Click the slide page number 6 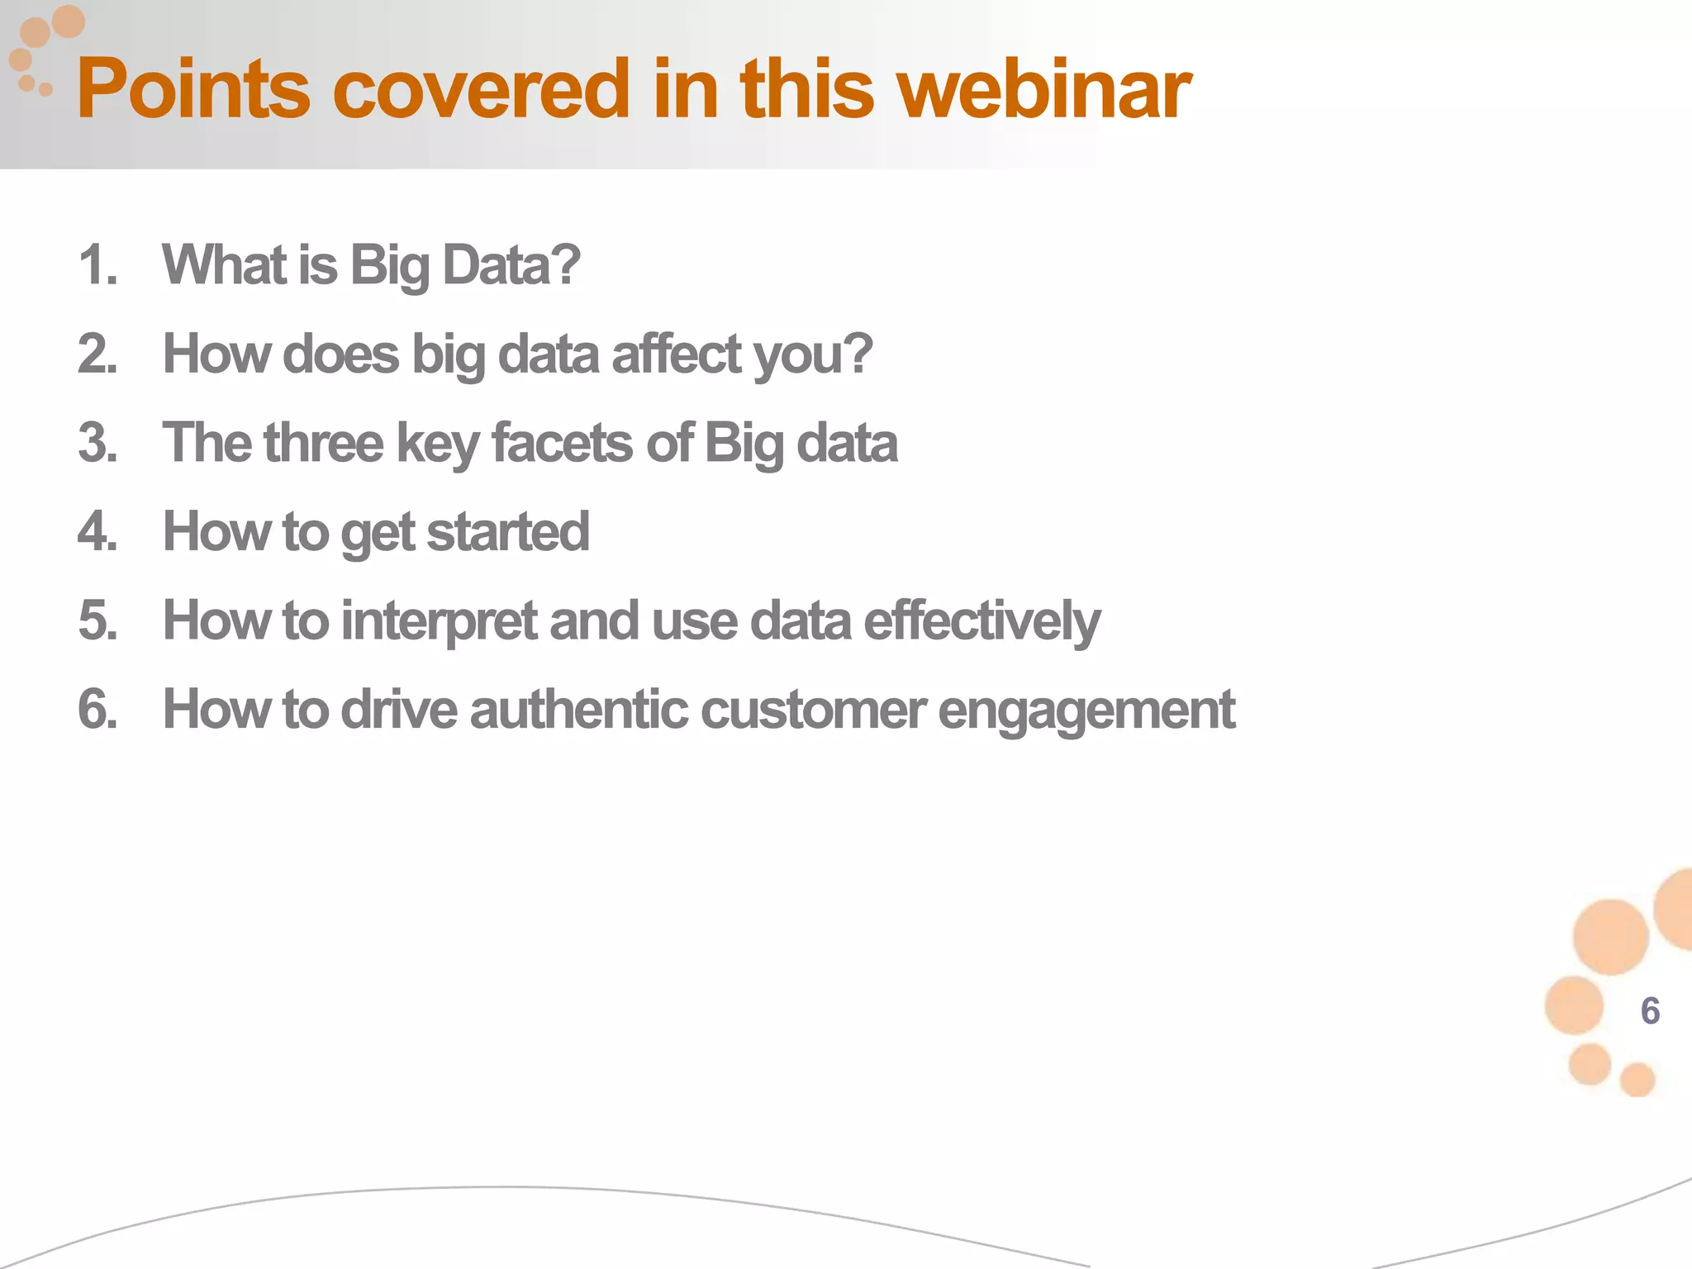click(x=1650, y=1011)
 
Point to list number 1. click(x=97, y=266)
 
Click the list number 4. click(x=97, y=532)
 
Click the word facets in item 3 click(x=562, y=443)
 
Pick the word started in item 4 click(x=507, y=532)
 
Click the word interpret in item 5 click(x=439, y=621)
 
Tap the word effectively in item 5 click(x=981, y=621)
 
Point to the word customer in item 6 click(x=813, y=710)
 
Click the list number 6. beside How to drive click(x=97, y=710)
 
